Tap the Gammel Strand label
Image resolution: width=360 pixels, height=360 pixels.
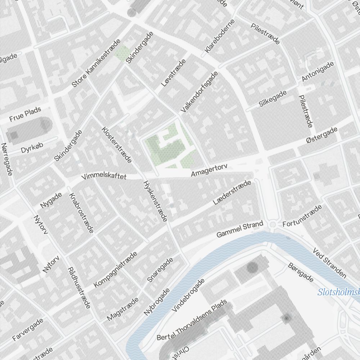click(240, 230)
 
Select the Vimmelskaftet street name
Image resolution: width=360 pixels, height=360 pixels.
click(104, 176)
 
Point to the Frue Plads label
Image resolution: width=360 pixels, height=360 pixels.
click(25, 114)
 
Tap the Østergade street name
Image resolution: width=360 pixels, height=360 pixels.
click(322, 136)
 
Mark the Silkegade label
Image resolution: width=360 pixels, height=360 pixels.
click(273, 98)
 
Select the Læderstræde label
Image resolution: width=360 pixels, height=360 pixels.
click(231, 193)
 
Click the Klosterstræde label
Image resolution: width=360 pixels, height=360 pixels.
click(117, 144)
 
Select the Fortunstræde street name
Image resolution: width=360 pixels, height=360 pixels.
click(302, 216)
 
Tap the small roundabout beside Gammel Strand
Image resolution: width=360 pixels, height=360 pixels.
click(273, 225)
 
